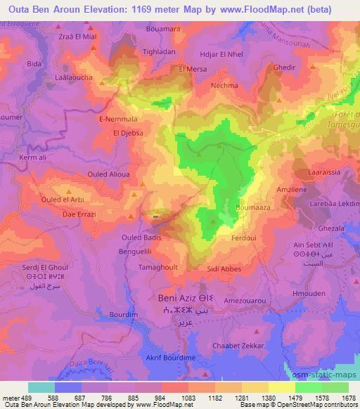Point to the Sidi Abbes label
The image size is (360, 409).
tap(225, 268)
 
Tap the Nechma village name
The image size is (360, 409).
tap(224, 84)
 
